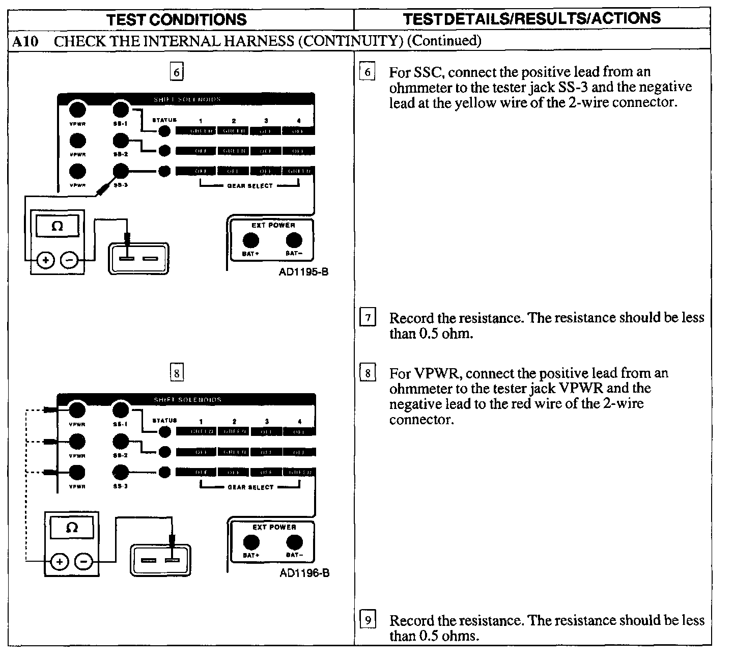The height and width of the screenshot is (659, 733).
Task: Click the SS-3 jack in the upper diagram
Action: pos(121,171)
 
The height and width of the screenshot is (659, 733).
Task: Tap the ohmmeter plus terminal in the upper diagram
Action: pos(45,261)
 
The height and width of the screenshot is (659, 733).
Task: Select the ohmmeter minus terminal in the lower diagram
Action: pos(83,562)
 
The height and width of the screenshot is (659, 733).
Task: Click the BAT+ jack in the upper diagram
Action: pos(250,240)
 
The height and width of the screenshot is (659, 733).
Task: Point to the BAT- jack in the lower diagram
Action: pos(294,542)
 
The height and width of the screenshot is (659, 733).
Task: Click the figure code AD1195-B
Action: pos(303,272)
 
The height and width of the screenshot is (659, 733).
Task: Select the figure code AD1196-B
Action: pos(304,573)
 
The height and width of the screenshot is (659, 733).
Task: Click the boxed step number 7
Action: pos(368,318)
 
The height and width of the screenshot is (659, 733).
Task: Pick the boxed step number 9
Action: pos(368,620)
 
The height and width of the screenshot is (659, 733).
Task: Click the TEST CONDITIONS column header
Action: pos(177,20)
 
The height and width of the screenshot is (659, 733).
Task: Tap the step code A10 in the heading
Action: pos(25,41)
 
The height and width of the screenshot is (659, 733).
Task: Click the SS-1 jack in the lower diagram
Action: pos(121,410)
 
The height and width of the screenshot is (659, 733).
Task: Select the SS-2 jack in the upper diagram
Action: pos(121,140)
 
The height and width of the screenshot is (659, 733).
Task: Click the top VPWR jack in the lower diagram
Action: pos(77,410)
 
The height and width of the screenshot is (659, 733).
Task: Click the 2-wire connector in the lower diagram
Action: pos(160,560)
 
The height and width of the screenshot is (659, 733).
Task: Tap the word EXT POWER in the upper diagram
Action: pos(273,225)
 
